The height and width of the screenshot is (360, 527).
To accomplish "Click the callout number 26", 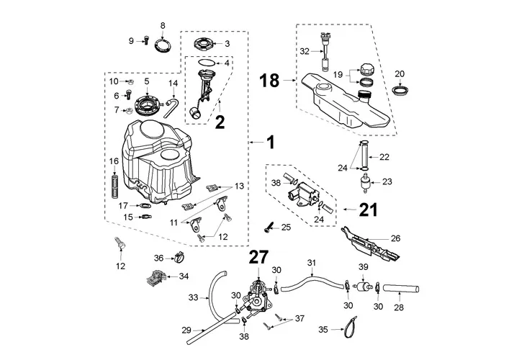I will click(395, 238).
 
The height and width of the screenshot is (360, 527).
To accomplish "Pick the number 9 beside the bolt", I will click(132, 41).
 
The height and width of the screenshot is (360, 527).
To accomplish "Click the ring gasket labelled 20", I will click(400, 91).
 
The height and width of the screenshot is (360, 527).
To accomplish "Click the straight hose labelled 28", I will click(405, 289).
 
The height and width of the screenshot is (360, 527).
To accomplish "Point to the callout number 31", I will click(312, 262).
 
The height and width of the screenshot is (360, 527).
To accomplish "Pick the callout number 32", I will click(305, 51).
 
